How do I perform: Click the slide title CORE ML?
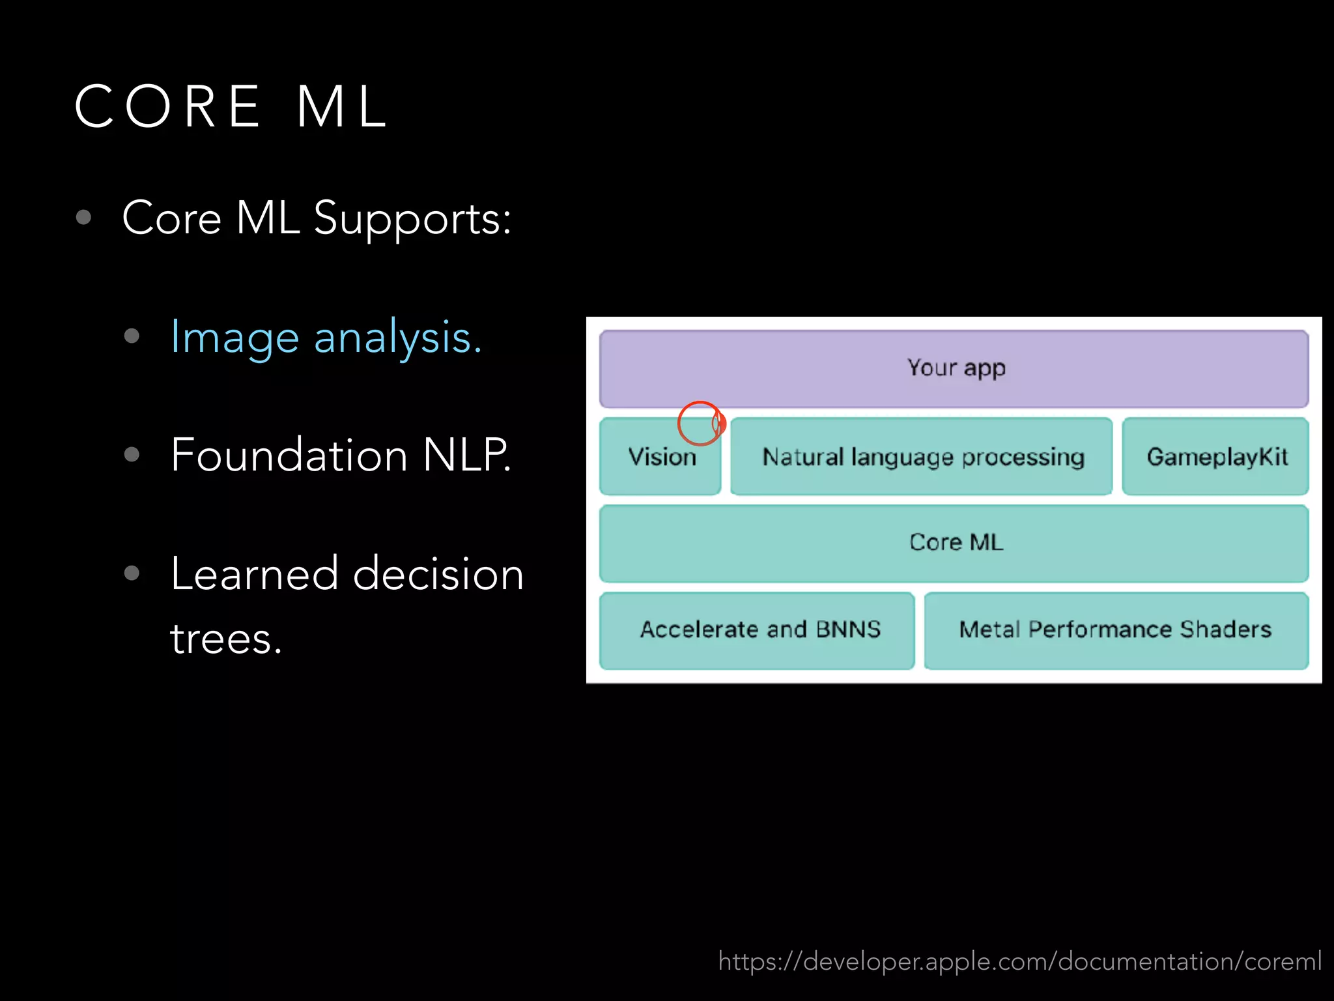pos(231,106)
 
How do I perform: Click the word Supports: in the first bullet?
pos(412,219)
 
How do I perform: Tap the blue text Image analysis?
pos(326,338)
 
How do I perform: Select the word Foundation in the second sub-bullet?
pos(289,455)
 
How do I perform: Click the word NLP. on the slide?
pos(466,455)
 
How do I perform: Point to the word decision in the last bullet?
pos(438,574)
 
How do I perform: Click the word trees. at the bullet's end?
pos(225,639)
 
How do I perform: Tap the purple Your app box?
pos(954,369)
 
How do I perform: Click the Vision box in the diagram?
pos(660,457)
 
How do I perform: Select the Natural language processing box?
pos(922,457)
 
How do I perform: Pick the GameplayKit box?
pos(1215,457)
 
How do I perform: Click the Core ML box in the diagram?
pos(954,543)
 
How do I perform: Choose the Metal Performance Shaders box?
pos(1115,630)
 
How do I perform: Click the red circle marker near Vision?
pos(700,424)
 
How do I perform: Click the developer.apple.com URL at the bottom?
pos(1019,961)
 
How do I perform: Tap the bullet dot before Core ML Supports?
pos(83,217)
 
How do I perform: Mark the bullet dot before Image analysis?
pos(132,336)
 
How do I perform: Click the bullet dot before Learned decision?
pos(132,573)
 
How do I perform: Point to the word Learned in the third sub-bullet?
pos(254,574)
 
